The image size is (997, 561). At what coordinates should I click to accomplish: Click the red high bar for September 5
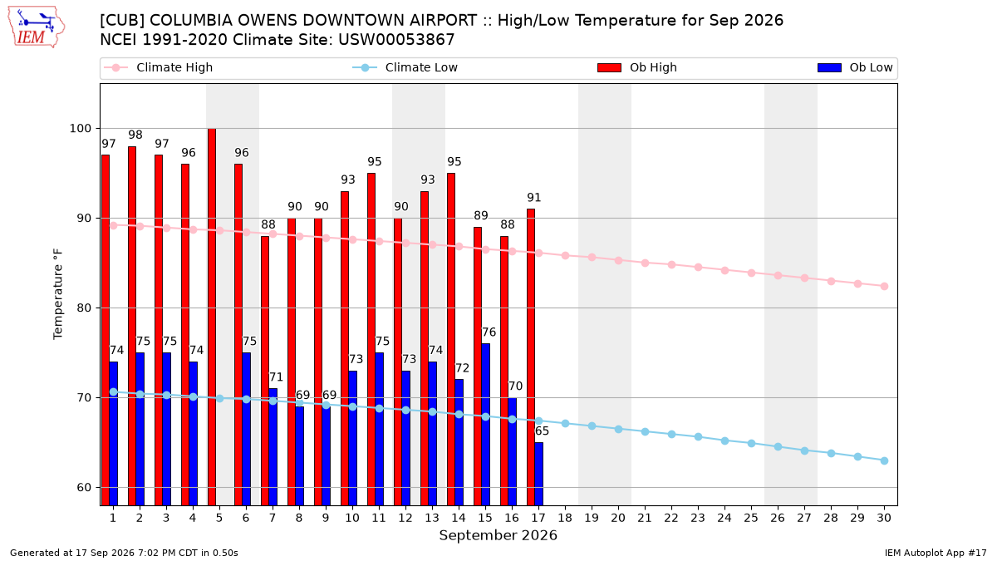coord(212,317)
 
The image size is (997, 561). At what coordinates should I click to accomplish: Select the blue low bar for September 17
coord(539,475)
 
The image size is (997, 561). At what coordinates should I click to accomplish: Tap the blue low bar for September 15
coord(485,425)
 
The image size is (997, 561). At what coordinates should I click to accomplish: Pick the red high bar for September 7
coord(265,371)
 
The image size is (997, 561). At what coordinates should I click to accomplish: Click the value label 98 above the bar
coord(135,135)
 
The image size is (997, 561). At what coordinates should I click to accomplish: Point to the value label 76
coord(489,332)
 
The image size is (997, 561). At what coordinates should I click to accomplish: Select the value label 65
coord(542,431)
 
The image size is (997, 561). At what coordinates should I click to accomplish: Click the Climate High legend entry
coord(159,67)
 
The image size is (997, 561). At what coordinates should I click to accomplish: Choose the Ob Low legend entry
coord(855,67)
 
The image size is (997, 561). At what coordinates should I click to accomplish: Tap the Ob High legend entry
coord(637,67)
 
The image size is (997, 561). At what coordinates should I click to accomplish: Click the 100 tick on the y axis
coord(80,129)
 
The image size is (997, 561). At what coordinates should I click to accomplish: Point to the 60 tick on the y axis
coord(84,488)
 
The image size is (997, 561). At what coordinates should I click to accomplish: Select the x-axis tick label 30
coord(884,518)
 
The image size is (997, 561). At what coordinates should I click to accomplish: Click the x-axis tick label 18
coord(565,518)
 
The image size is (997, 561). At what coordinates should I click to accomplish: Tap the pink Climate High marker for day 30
coord(884,286)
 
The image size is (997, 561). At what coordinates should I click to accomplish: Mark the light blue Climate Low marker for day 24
coord(724,440)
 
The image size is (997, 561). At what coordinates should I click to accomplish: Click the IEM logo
coord(36,27)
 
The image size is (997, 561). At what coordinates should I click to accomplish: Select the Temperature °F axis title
coord(58,294)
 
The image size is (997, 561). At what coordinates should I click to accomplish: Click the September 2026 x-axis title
coord(498,535)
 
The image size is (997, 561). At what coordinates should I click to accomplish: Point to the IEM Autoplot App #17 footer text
coord(936,553)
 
